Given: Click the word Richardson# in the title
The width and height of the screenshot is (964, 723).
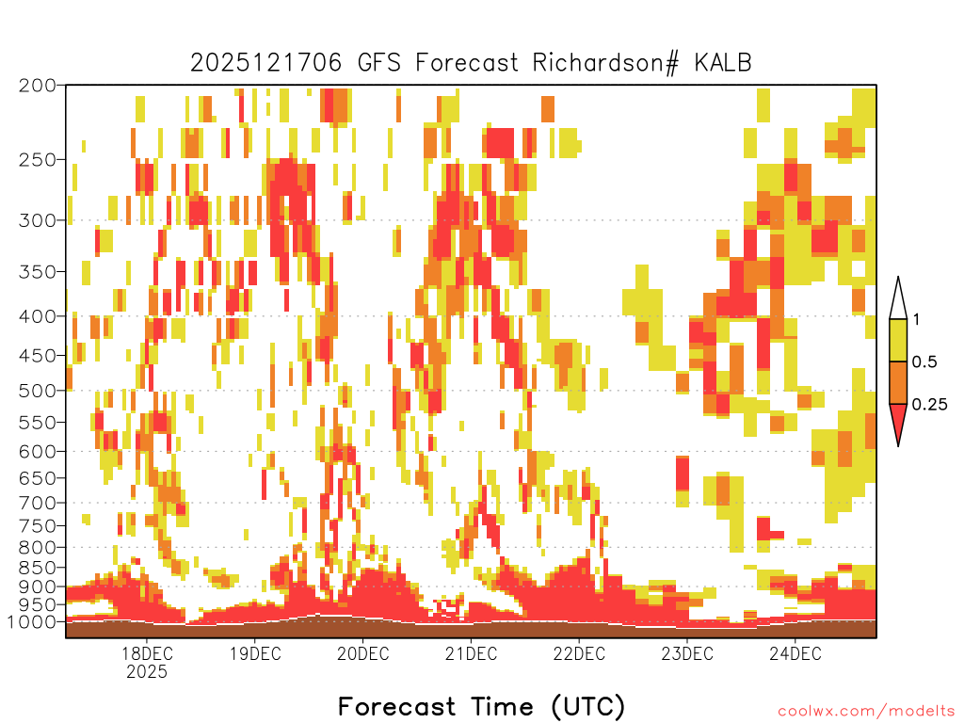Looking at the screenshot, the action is [605, 63].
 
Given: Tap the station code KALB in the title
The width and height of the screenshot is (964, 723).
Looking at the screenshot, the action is [723, 63].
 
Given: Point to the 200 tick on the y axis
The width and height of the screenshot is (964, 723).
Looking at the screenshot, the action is [38, 86].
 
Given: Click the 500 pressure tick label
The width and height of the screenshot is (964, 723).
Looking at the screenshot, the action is [38, 391].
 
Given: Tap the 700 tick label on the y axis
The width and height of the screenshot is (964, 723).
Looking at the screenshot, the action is [38, 503].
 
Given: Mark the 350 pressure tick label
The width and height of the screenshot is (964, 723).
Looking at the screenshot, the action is [38, 272].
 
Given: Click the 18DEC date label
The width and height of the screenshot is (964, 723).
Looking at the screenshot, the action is [147, 653].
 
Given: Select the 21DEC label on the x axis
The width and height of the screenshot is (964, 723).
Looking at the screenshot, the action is [471, 653].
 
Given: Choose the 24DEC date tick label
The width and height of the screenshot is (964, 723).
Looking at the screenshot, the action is [795, 653].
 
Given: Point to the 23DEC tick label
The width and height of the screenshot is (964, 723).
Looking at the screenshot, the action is [687, 653].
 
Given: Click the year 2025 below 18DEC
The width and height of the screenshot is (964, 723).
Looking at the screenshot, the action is [147, 671].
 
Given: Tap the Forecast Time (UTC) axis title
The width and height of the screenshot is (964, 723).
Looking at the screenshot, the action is [481, 706].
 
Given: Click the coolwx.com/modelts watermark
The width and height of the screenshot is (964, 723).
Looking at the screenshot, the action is [866, 712].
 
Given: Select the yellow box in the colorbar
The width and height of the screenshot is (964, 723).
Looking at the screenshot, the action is [898, 340].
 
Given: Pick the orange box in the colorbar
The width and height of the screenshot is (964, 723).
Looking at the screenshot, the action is [898, 382].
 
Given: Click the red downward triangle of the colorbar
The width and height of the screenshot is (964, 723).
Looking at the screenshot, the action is [898, 421].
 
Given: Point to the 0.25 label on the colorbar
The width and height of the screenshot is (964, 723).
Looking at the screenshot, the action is [929, 405].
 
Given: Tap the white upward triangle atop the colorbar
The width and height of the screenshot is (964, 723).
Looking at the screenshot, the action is [898, 302].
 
